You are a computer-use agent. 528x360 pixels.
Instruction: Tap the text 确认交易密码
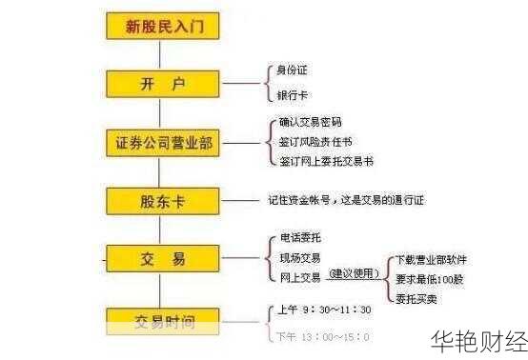310,122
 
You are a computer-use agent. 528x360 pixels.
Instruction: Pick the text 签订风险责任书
316,141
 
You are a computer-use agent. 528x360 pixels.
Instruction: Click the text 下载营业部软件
432,259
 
